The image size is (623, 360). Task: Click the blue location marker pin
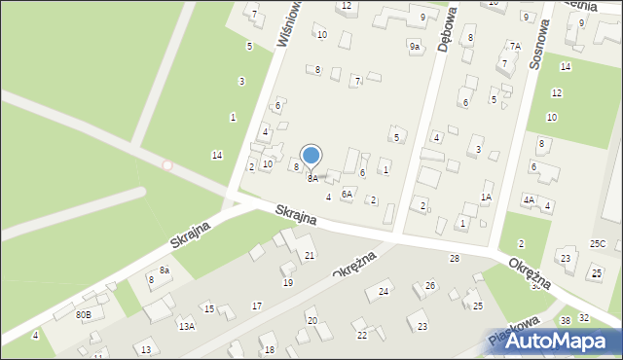point(311,157)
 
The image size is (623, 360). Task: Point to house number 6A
point(346,194)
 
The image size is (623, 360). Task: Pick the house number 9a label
point(414,47)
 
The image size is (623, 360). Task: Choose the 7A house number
point(514,46)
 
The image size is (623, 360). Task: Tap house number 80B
point(84,314)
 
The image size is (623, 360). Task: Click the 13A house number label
point(186,327)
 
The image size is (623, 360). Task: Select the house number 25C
point(597,243)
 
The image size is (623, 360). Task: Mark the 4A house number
point(529,199)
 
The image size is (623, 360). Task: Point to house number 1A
point(486,198)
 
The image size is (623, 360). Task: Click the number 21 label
point(310,256)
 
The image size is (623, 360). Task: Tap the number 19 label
point(288,282)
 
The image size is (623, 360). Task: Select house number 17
point(256,306)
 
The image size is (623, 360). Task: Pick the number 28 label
point(454,258)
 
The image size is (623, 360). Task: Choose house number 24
point(384,291)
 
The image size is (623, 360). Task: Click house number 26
point(430,286)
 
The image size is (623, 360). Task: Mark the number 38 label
point(565,321)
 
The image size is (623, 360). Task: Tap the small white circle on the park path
point(166,165)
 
